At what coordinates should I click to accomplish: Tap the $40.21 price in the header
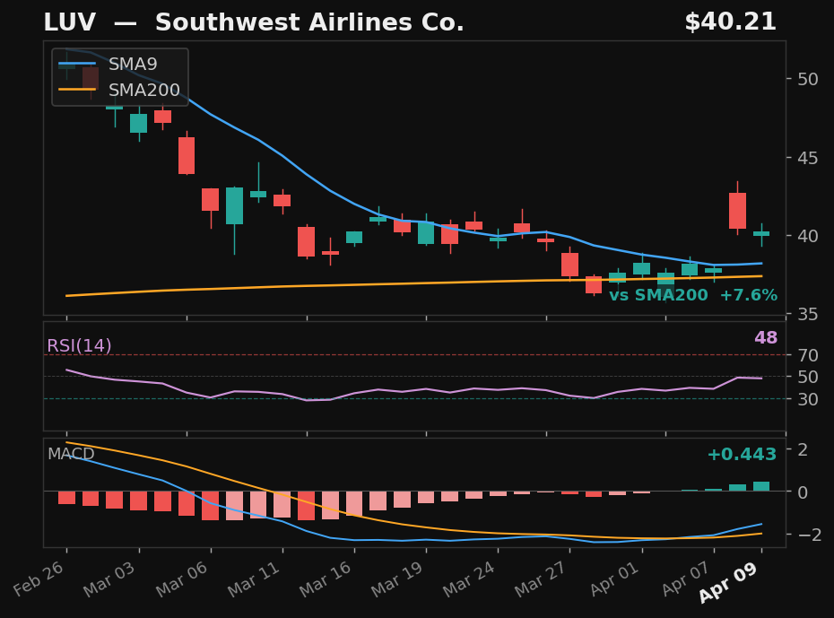point(730,22)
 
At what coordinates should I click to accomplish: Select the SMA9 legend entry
point(133,65)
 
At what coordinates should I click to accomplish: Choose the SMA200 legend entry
point(143,91)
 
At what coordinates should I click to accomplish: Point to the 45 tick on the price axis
point(806,158)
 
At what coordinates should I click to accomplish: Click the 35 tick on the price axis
point(806,314)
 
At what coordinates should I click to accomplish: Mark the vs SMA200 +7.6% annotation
point(693,296)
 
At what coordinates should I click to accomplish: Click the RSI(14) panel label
point(79,346)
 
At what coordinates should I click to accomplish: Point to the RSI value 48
point(765,338)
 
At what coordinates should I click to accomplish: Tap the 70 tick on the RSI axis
point(806,355)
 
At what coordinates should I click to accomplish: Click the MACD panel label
point(71,455)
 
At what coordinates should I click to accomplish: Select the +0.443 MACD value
point(742,455)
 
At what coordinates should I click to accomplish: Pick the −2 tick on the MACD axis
point(804,535)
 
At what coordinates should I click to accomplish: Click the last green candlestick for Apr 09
point(761,233)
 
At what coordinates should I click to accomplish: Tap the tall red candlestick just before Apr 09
point(737,211)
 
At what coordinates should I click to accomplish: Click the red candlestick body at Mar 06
point(211,199)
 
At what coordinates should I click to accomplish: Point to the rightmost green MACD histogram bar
point(761,486)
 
